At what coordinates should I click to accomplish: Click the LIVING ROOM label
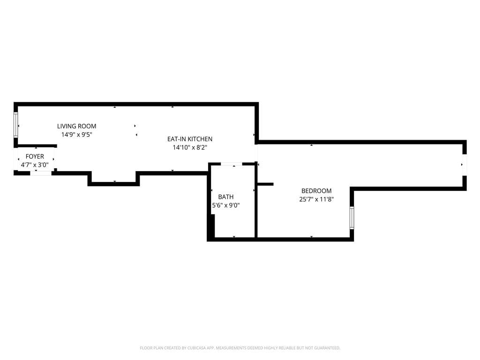76,126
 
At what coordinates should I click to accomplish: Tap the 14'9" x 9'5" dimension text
76,135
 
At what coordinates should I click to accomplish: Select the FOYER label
35,157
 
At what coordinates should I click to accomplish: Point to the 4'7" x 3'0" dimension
35,165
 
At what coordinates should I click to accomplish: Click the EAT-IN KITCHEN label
190,139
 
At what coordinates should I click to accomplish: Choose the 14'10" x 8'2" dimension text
190,148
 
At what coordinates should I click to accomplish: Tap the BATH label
225,197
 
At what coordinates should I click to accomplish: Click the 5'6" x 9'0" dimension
225,205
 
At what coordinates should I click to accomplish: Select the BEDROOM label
316,191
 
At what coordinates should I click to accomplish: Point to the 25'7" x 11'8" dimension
316,199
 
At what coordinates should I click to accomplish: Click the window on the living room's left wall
16,125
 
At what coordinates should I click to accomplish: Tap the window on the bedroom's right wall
352,217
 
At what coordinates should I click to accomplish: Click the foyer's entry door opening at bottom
41,173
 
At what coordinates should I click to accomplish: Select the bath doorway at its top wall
232,164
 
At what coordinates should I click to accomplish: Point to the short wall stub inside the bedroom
265,184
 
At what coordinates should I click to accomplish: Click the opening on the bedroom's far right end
464,165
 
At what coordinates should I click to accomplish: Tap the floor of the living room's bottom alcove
114,177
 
